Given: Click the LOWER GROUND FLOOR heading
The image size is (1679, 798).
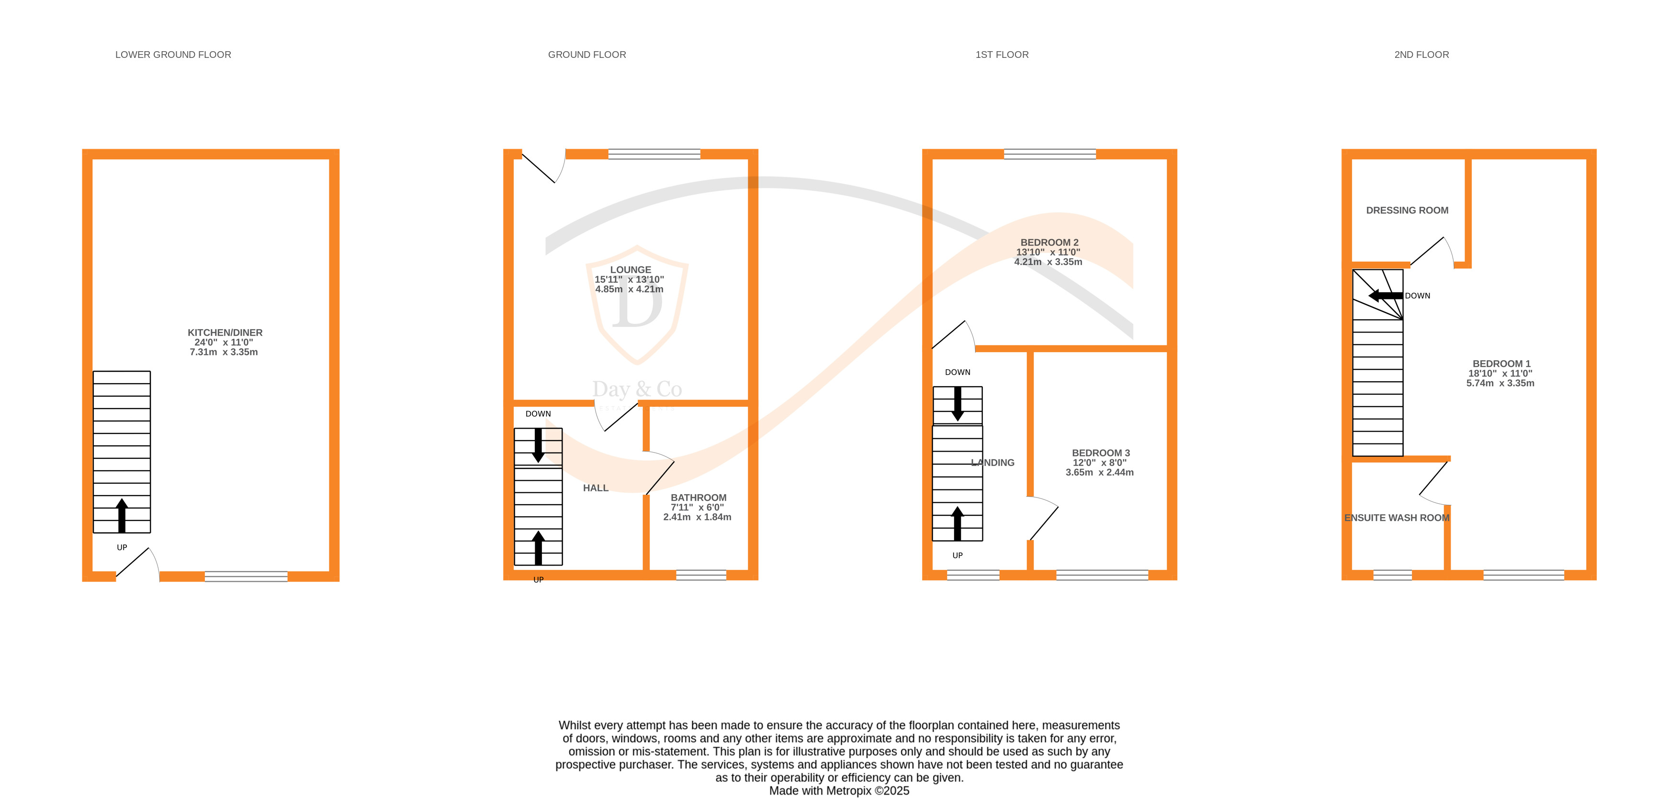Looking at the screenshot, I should coord(173,55).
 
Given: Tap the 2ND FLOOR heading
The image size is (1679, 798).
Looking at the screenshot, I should coord(1421,55).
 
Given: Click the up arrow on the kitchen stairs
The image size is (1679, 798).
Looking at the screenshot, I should coord(122,515).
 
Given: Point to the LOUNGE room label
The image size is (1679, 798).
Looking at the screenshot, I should coord(630,270).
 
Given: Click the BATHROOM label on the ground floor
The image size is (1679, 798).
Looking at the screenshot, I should coord(698,498).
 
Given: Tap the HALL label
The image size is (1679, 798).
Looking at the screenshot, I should coord(595,488).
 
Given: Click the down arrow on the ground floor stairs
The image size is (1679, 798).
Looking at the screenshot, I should coord(539,445).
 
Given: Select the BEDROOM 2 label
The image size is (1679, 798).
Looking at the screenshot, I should coord(1049,243).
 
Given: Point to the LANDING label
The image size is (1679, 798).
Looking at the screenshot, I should coord(992,463).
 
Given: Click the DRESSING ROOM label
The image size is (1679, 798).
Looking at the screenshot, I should coord(1407,211).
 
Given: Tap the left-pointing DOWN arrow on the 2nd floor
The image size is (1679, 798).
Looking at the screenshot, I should coord(1385,296).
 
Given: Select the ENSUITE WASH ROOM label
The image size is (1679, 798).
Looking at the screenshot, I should coord(1396,518).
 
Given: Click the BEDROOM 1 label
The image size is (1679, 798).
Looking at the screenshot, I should coord(1501,364).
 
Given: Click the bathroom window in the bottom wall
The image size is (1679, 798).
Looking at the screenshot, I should coord(701,575).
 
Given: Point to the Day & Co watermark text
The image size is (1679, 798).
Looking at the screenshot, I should coord(637,389).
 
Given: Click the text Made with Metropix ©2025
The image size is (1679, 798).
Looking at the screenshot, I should coord(839,790).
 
